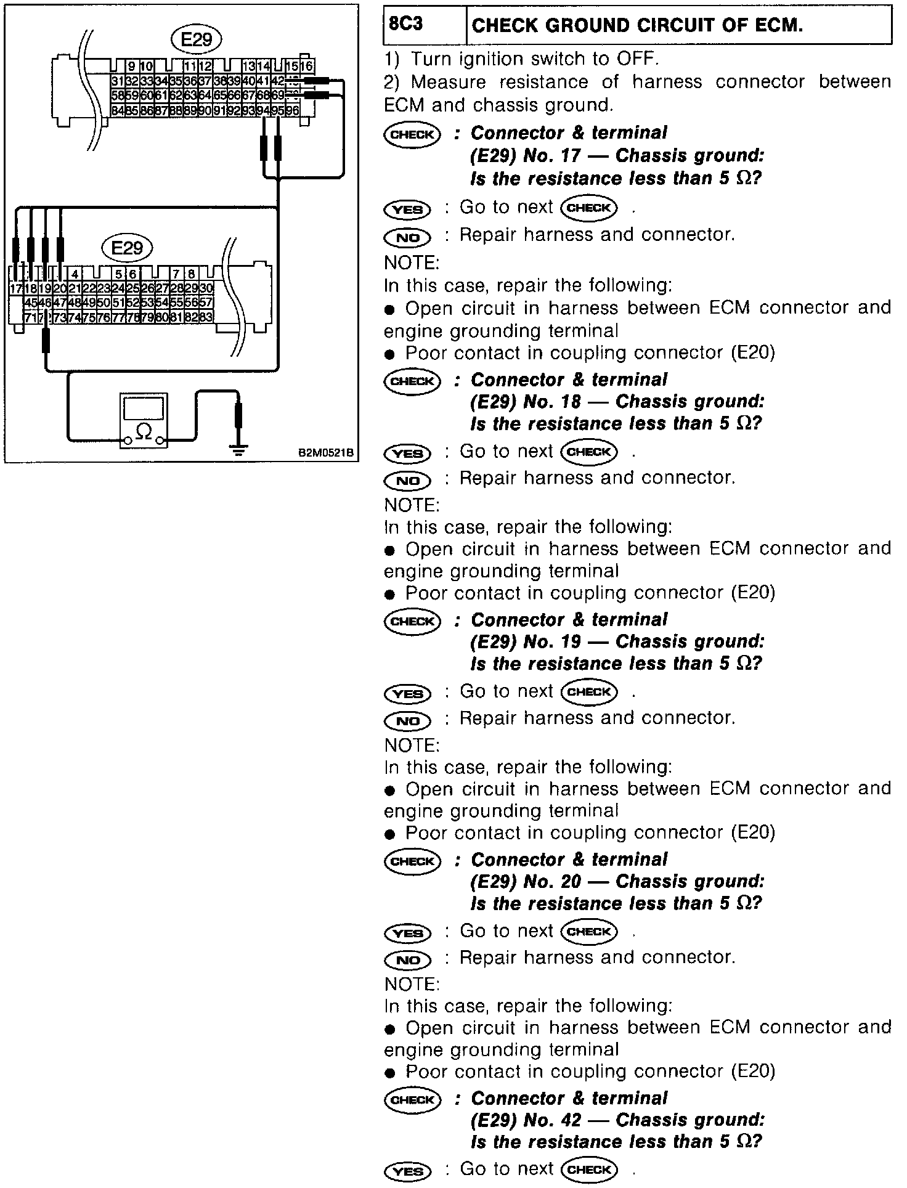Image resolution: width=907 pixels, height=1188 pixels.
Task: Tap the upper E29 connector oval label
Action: (x=196, y=40)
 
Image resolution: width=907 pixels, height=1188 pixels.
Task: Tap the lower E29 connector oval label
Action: (x=128, y=248)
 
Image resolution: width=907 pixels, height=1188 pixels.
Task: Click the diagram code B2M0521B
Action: (x=326, y=454)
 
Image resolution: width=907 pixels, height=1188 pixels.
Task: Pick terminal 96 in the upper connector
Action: (x=292, y=110)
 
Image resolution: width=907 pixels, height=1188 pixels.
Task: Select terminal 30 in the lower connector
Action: (x=206, y=288)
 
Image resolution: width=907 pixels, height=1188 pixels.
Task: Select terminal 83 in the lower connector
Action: (x=206, y=317)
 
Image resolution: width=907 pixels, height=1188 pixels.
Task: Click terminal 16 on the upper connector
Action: (x=307, y=66)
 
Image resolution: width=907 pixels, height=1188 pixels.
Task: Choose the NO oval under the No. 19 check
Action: (x=407, y=720)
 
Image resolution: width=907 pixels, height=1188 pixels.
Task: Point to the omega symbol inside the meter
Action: (x=143, y=432)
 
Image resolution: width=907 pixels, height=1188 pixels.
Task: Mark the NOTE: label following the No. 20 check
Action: (x=411, y=984)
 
